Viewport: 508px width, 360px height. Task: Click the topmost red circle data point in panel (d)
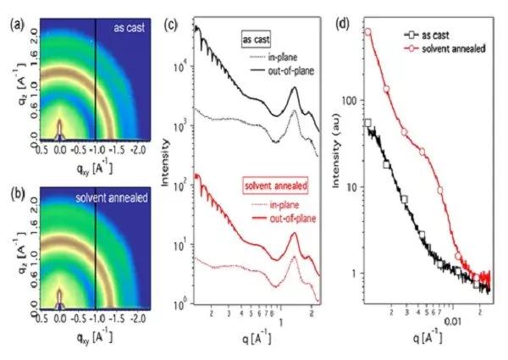[x=368, y=32]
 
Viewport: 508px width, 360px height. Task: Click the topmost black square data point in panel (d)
[x=367, y=123]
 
